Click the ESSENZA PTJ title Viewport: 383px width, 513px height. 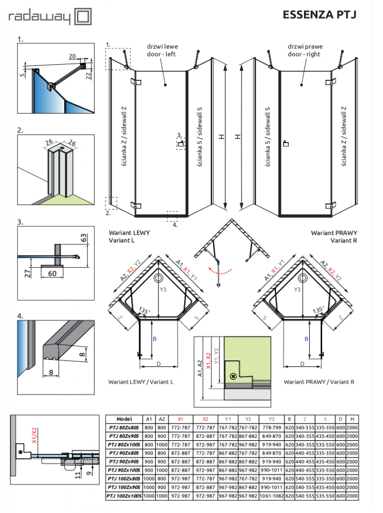click(x=319, y=15)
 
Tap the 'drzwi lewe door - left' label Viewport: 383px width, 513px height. click(x=164, y=51)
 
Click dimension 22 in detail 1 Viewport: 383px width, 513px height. click(x=89, y=76)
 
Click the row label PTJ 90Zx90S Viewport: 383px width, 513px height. click(x=124, y=462)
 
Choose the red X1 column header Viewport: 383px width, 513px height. click(x=180, y=418)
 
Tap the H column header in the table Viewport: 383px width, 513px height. click(x=352, y=418)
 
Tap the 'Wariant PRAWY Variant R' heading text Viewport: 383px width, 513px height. click(x=334, y=236)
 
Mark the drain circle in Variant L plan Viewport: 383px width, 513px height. click(x=158, y=278)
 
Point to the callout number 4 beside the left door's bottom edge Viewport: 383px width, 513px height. click(x=175, y=224)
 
